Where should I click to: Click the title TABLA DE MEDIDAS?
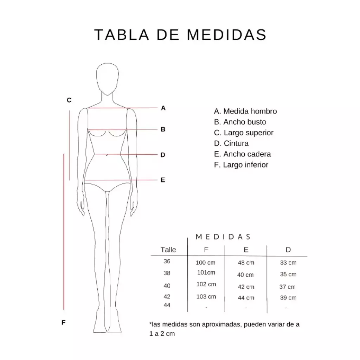pyautogui.click(x=180, y=35)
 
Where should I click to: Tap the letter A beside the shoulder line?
pyautogui.click(x=163, y=108)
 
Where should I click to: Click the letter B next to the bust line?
pyautogui.click(x=163, y=129)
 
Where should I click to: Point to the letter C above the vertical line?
pyautogui.click(x=69, y=100)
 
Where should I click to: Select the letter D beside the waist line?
pyautogui.click(x=163, y=155)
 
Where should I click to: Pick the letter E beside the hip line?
pyautogui.click(x=163, y=180)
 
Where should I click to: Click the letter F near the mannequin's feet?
pyautogui.click(x=64, y=323)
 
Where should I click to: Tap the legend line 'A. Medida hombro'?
pyautogui.click(x=245, y=111)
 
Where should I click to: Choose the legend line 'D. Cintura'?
pyautogui.click(x=231, y=143)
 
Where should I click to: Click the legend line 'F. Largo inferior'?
pyautogui.click(x=241, y=165)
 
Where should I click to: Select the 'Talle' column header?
pyautogui.click(x=168, y=250)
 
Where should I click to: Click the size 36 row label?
pyautogui.click(x=167, y=261)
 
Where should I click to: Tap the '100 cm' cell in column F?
pyautogui.click(x=205, y=262)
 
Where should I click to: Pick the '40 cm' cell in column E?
pyautogui.click(x=245, y=275)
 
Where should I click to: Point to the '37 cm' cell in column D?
pyautogui.click(x=288, y=287)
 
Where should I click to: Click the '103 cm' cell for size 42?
pyautogui.click(x=206, y=297)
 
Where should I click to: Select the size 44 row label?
pyautogui.click(x=167, y=305)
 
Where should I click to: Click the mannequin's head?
pyautogui.click(x=108, y=79)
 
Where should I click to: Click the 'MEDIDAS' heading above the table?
pyautogui.click(x=223, y=237)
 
